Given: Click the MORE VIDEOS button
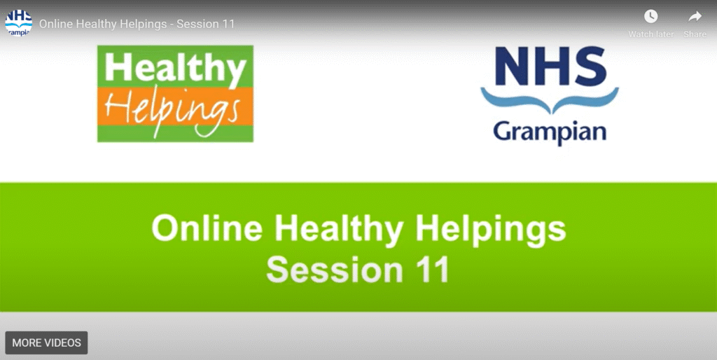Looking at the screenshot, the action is coord(46,342).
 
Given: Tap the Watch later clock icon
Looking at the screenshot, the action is coord(650,17).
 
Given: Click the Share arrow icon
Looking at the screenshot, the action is coord(695,17).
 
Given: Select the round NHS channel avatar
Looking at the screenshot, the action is coord(19,23).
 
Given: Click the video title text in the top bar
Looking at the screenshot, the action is coord(137,24).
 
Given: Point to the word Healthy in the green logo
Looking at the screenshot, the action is coord(175,68).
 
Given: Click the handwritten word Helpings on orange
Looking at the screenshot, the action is coord(172,111).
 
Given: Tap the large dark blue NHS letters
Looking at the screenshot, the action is coord(550,67).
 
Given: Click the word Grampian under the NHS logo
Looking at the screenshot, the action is coord(550,132).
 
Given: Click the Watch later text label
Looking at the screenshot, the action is coord(650,34).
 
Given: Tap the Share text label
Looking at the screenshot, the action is coord(695,34).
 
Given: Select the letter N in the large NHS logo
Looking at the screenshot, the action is coord(513,67).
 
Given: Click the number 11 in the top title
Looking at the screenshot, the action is coord(228,24).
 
